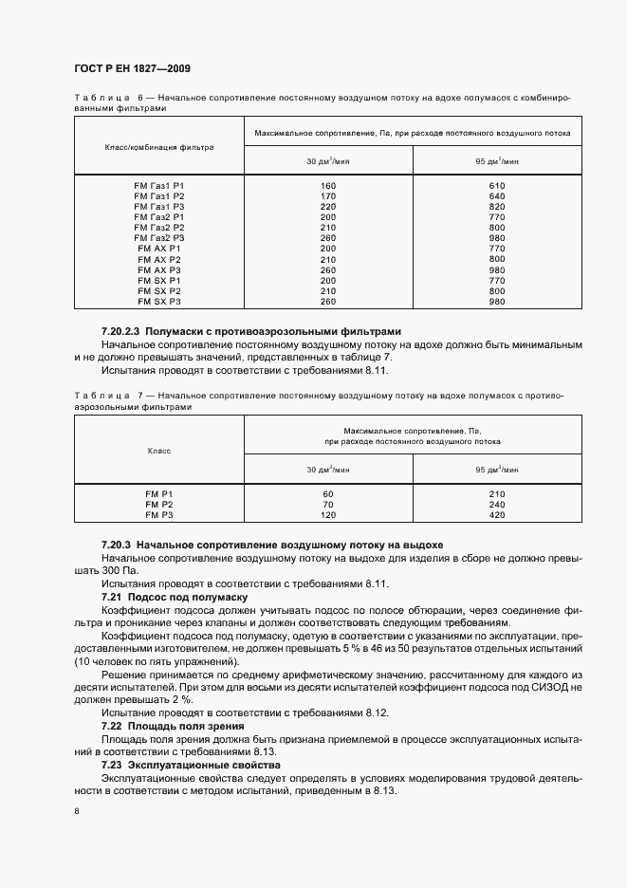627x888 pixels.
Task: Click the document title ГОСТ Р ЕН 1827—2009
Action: point(138,68)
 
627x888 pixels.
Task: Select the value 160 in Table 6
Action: point(328,185)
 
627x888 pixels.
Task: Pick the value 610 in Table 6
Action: point(497,185)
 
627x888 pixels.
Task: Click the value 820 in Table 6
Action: point(497,206)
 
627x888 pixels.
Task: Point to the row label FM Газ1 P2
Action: point(159,195)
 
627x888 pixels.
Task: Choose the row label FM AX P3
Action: point(159,269)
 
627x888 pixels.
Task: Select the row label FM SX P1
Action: point(159,280)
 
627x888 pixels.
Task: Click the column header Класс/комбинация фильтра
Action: point(159,147)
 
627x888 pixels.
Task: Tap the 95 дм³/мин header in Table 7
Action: point(497,469)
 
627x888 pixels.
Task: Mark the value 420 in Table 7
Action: point(497,515)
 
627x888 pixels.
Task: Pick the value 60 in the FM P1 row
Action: point(328,494)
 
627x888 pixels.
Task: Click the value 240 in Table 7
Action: point(497,505)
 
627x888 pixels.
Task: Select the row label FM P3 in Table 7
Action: point(159,515)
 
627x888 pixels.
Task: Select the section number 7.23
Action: point(114,764)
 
